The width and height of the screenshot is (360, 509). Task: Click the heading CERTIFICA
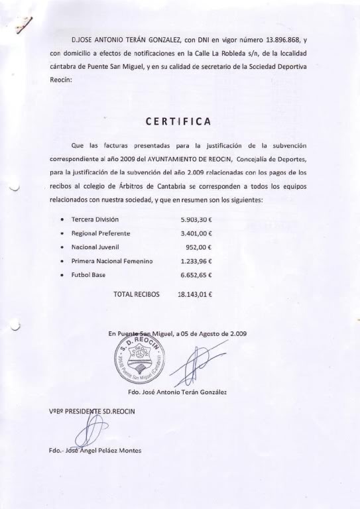click(178, 121)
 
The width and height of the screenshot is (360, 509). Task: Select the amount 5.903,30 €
click(200, 219)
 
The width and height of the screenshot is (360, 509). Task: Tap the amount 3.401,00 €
click(200, 233)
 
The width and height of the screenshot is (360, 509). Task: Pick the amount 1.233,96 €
click(200, 261)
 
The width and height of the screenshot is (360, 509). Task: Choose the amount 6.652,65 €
click(200, 275)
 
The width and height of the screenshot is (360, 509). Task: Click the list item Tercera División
click(95, 219)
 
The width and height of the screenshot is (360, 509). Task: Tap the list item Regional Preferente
click(101, 233)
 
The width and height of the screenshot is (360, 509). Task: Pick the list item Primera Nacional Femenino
click(112, 261)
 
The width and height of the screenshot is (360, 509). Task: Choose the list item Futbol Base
click(88, 275)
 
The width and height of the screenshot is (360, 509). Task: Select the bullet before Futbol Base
click(62, 275)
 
